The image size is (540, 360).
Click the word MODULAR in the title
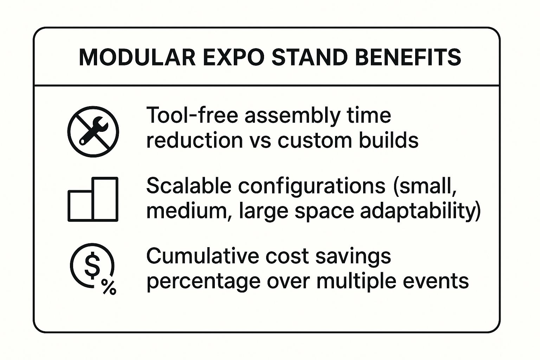tap(137, 57)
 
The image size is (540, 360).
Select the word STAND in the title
tap(309, 57)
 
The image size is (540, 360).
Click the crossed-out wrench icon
tap(93, 131)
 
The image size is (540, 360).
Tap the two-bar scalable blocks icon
tap(93, 199)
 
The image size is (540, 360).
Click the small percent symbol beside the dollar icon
tap(109, 287)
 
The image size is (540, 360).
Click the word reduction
tap(194, 140)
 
